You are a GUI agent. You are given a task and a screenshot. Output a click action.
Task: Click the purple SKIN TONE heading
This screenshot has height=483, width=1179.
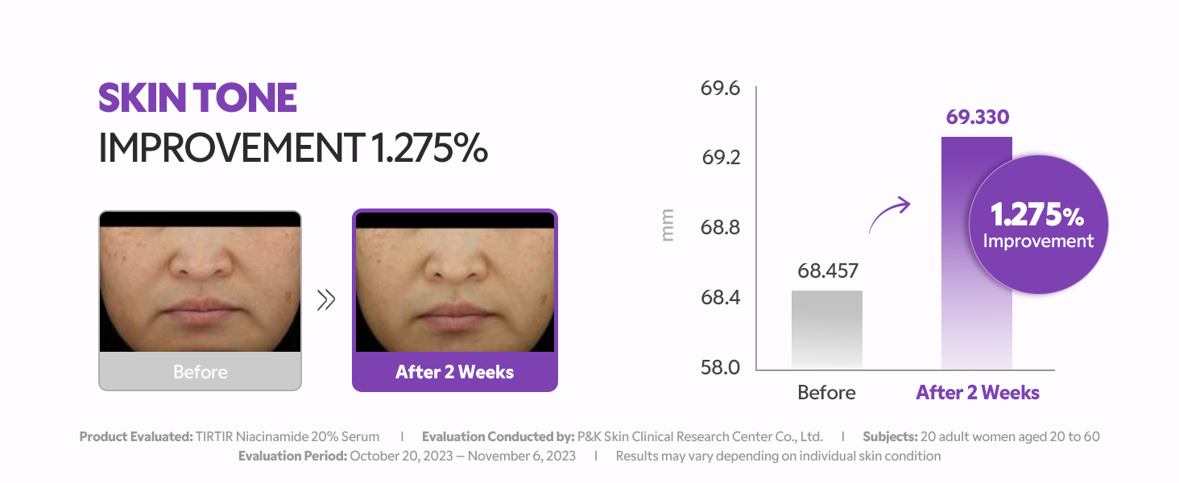coord(197,98)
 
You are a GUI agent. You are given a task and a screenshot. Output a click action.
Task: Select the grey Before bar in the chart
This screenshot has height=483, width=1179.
coord(826,330)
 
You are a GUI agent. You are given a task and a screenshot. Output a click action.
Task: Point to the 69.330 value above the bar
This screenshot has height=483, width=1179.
coord(977,118)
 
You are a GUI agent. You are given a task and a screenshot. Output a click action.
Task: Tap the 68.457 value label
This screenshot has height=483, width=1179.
coord(828,271)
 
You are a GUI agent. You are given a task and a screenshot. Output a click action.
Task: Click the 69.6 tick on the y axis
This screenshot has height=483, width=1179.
coord(720,89)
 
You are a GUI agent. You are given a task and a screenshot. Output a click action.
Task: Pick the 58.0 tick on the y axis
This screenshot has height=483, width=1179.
coord(720,368)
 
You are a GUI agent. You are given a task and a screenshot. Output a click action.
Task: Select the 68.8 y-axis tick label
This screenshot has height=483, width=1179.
coord(720,228)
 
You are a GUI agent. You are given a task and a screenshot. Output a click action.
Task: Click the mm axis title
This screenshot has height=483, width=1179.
coord(668,226)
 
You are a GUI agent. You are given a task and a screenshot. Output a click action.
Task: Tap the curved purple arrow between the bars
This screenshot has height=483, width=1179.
coord(889,213)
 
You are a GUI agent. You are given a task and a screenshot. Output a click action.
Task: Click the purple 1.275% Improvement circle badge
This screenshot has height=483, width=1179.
coord(1038,225)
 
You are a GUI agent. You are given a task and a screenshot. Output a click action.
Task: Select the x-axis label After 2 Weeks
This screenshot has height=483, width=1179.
coord(978,393)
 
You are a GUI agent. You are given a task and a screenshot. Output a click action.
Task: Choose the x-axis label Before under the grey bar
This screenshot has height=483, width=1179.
coord(826,393)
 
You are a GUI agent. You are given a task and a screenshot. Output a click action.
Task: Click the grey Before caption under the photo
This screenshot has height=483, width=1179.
coord(200,372)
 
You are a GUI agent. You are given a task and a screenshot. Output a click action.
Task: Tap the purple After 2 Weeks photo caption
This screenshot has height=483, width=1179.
coord(454,372)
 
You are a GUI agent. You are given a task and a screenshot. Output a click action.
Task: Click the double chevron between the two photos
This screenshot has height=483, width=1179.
coord(326,300)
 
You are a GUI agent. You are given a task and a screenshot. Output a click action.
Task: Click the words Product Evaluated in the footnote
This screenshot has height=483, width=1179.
coord(135,436)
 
